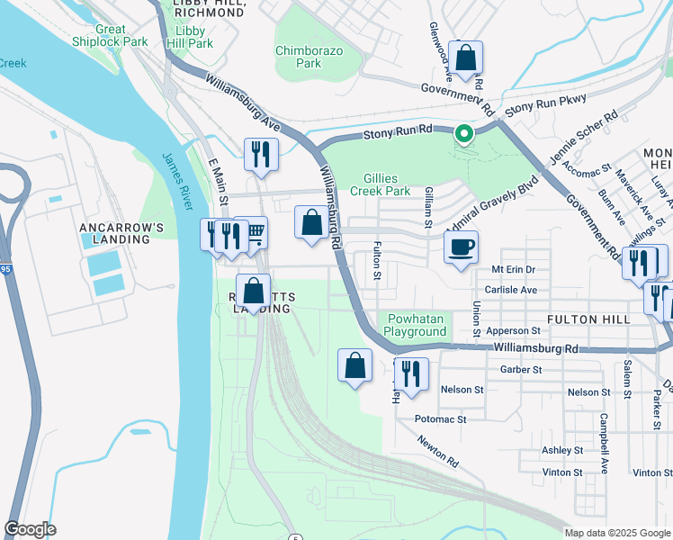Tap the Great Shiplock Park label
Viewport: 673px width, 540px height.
110,35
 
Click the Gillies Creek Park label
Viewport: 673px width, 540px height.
398,184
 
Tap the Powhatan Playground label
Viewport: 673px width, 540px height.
415,325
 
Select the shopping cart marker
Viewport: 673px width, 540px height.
255,233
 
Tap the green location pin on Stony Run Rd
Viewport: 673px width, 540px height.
463,134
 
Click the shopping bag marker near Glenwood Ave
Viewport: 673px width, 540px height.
466,58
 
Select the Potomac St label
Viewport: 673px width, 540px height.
440,419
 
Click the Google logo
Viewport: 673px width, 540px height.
30,529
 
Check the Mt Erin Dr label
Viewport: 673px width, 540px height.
513,269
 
